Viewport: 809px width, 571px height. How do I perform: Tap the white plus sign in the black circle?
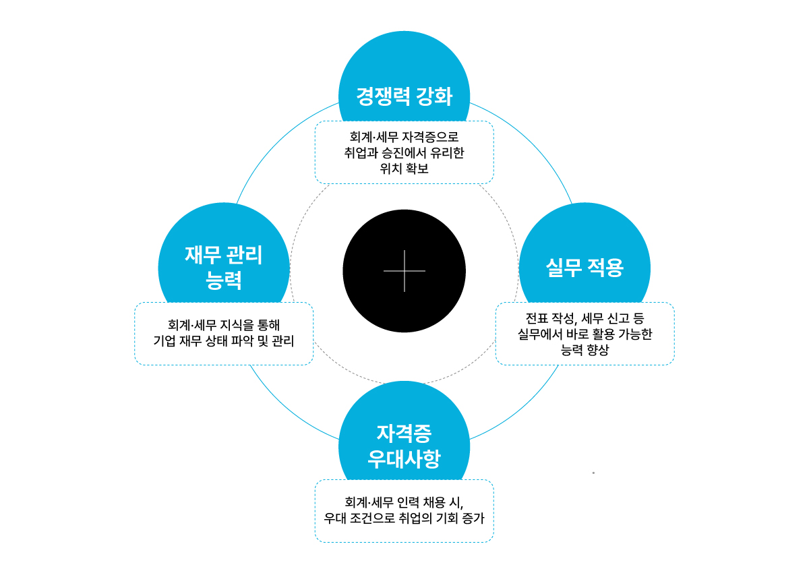[x=404, y=271]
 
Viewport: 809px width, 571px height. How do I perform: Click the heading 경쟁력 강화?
[x=404, y=96]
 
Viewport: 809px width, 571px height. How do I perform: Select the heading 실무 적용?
[x=585, y=268]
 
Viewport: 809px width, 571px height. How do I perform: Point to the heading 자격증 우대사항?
[x=404, y=445]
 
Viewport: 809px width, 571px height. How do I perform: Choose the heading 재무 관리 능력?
[x=224, y=267]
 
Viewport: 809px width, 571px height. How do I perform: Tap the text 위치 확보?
[x=404, y=169]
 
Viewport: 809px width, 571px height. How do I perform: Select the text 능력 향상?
[x=585, y=349]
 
